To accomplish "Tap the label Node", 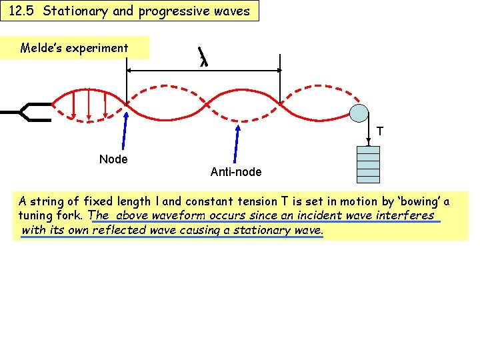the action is pos(113,159).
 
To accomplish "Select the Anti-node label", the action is pos(236,172).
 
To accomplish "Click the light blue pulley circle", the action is pos(360,113).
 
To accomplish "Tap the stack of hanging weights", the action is pos(368,164).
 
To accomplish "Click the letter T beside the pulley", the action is pos(380,131).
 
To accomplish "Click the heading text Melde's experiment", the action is pos(74,48).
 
